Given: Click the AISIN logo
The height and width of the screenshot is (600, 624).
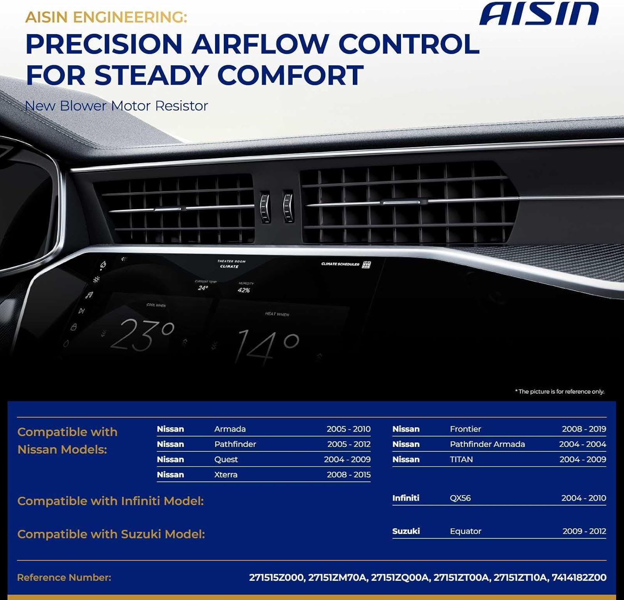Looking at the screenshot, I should pos(539,14).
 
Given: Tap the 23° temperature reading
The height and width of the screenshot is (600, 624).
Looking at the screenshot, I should pos(142,335).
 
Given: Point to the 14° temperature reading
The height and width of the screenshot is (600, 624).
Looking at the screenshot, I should pos(267,345).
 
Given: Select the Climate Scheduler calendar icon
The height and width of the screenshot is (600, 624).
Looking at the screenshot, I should pos(366,265).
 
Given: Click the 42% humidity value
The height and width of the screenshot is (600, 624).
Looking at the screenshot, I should pos(244,290).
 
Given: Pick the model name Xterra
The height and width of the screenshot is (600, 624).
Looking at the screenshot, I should pos(226,475).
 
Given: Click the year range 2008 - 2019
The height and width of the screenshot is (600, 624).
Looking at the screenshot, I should pos(584,429).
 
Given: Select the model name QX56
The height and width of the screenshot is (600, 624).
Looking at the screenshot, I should pos(460,498).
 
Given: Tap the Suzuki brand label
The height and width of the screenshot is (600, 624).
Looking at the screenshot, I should pos(406,531).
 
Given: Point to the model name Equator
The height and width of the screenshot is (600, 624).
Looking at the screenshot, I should pos(466,531).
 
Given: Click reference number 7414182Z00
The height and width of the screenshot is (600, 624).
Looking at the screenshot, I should pos(579,578).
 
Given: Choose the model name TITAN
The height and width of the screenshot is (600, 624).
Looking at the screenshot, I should pos(461,459).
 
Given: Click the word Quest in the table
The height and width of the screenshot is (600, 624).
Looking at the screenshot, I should pos(226,459).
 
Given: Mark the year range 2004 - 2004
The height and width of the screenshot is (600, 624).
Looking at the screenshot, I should pos(582,444).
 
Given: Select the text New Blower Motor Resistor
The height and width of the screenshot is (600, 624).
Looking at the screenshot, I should pos(116,106).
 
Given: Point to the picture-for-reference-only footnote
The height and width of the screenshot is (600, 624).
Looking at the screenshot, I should pos(560,392).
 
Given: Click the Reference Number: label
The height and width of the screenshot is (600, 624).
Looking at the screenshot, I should pos(64,578).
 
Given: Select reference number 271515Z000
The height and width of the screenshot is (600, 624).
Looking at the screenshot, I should pos(277,578).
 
